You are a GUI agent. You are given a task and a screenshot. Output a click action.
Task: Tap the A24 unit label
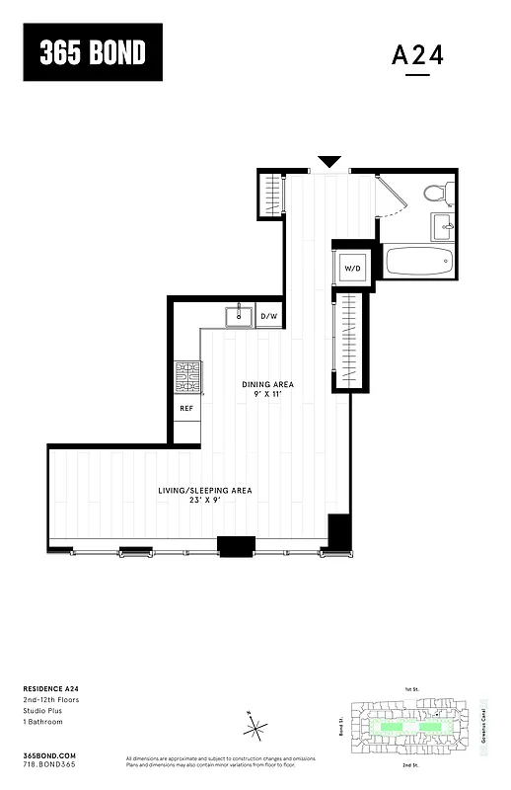pos(418,55)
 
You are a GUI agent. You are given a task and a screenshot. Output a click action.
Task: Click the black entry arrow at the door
pos(329,162)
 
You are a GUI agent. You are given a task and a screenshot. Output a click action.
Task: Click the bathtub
pos(418,262)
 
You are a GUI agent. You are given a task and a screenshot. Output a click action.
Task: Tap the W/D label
pos(352,268)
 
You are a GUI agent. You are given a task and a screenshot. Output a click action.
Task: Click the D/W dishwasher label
pos(269,317)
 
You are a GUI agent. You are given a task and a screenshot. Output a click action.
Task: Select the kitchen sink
pos(239,317)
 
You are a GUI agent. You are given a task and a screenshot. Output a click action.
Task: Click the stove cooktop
pos(187,376)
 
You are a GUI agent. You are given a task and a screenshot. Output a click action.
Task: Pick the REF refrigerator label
pos(186,407)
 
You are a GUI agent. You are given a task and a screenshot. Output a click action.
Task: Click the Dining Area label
pos(268,384)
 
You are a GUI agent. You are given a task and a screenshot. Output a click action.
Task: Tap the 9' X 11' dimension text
pos(268,395)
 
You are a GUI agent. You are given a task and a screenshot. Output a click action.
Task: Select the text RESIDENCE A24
pos(49,689)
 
